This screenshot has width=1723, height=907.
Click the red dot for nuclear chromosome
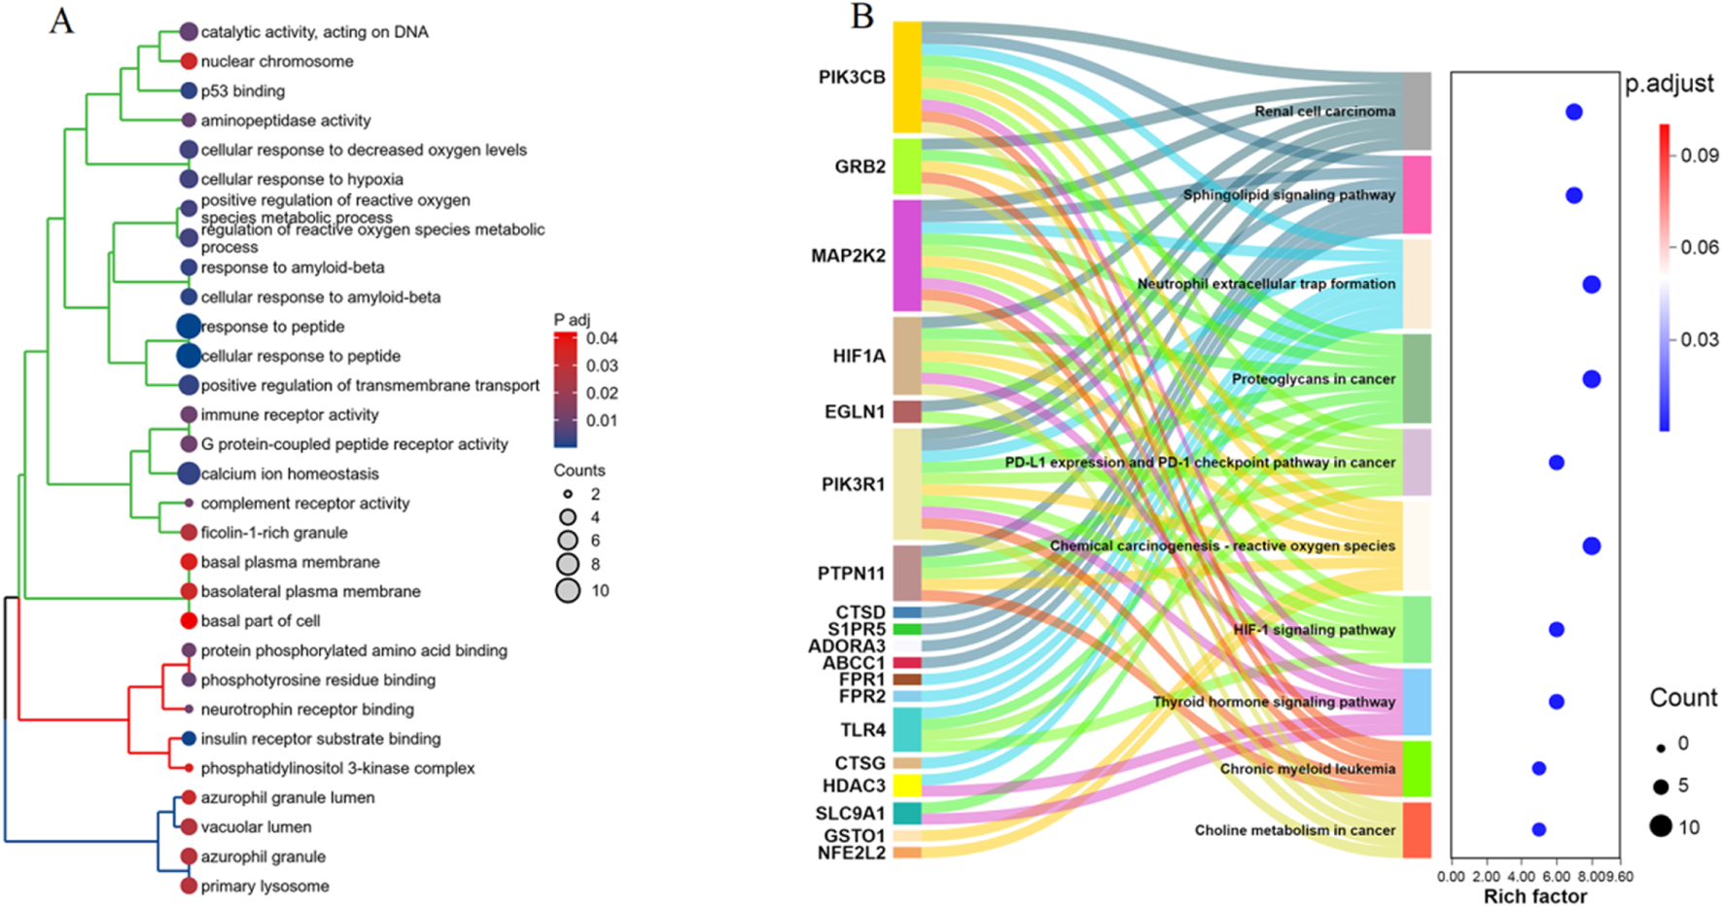(189, 61)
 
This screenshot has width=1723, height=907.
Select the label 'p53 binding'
(242, 91)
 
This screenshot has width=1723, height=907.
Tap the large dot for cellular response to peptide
(189, 356)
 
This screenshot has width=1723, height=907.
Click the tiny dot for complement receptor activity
(189, 504)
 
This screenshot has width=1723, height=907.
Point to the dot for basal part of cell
(189, 620)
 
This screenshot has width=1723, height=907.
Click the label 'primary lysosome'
(264, 887)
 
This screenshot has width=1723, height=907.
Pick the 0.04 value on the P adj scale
(602, 338)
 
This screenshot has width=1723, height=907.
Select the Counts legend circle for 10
(568, 590)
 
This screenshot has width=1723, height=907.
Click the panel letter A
(61, 20)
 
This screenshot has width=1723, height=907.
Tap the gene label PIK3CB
(852, 78)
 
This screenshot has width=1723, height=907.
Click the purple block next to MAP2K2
(907, 256)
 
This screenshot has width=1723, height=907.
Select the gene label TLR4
(862, 730)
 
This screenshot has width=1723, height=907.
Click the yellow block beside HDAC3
(907, 785)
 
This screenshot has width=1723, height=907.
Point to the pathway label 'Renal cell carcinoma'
(1324, 112)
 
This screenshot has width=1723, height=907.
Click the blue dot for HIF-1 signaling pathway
(1556, 630)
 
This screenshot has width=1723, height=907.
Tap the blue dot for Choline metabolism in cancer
(1538, 830)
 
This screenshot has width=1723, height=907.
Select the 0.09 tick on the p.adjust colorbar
(1699, 156)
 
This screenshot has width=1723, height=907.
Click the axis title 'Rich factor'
(1534, 896)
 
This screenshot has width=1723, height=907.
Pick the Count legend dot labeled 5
(1660, 786)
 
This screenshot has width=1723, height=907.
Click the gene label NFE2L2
(851, 854)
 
